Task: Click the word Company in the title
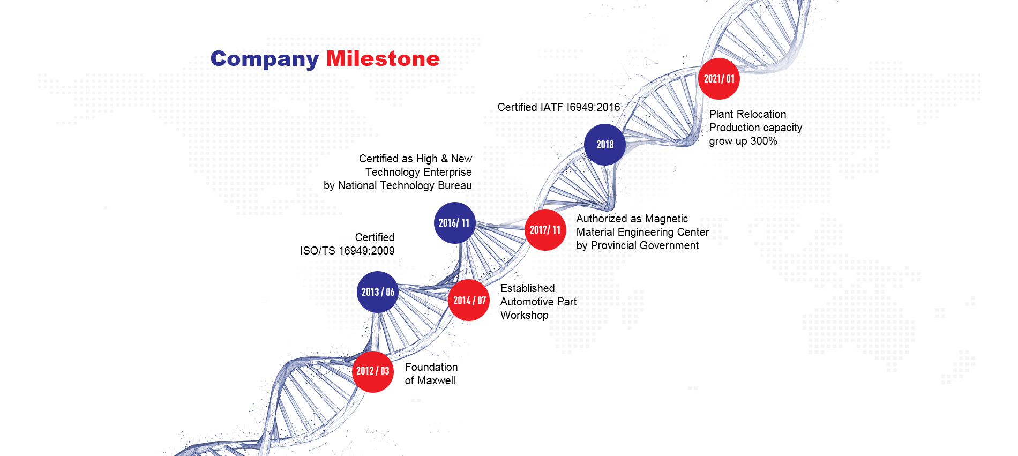265,59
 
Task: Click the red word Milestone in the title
383,58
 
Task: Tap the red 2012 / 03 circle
373,371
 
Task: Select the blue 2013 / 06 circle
378,292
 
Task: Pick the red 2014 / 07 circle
469,300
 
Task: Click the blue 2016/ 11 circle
455,223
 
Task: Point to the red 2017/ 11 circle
545,230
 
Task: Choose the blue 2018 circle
605,145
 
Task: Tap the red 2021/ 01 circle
719,79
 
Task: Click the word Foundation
431,367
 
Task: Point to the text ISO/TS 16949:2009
347,251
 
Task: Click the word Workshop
524,315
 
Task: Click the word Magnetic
667,219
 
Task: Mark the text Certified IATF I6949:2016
559,107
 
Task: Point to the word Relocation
762,114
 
